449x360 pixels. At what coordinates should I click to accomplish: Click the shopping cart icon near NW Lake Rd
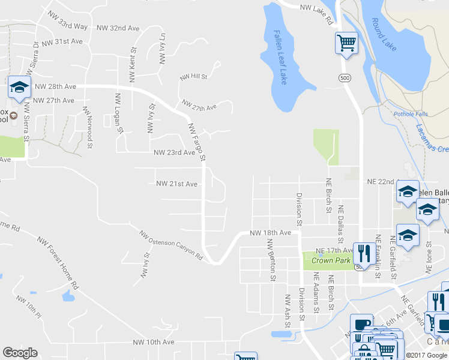346,43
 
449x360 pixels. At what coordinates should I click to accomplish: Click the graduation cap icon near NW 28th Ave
20,88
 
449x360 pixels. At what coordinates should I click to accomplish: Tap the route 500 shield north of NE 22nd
344,78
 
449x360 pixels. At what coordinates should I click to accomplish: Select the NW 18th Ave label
270,232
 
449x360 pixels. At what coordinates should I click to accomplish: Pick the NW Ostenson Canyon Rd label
170,245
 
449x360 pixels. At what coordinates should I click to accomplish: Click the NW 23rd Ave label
175,153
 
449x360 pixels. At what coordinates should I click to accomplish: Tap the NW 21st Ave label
176,184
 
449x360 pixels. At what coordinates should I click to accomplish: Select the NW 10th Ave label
154,342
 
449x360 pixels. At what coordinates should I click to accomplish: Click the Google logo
20,353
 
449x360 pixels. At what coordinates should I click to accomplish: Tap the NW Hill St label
193,77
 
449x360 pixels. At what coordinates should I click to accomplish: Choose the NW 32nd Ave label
118,28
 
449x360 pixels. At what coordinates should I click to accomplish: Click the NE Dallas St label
340,221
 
